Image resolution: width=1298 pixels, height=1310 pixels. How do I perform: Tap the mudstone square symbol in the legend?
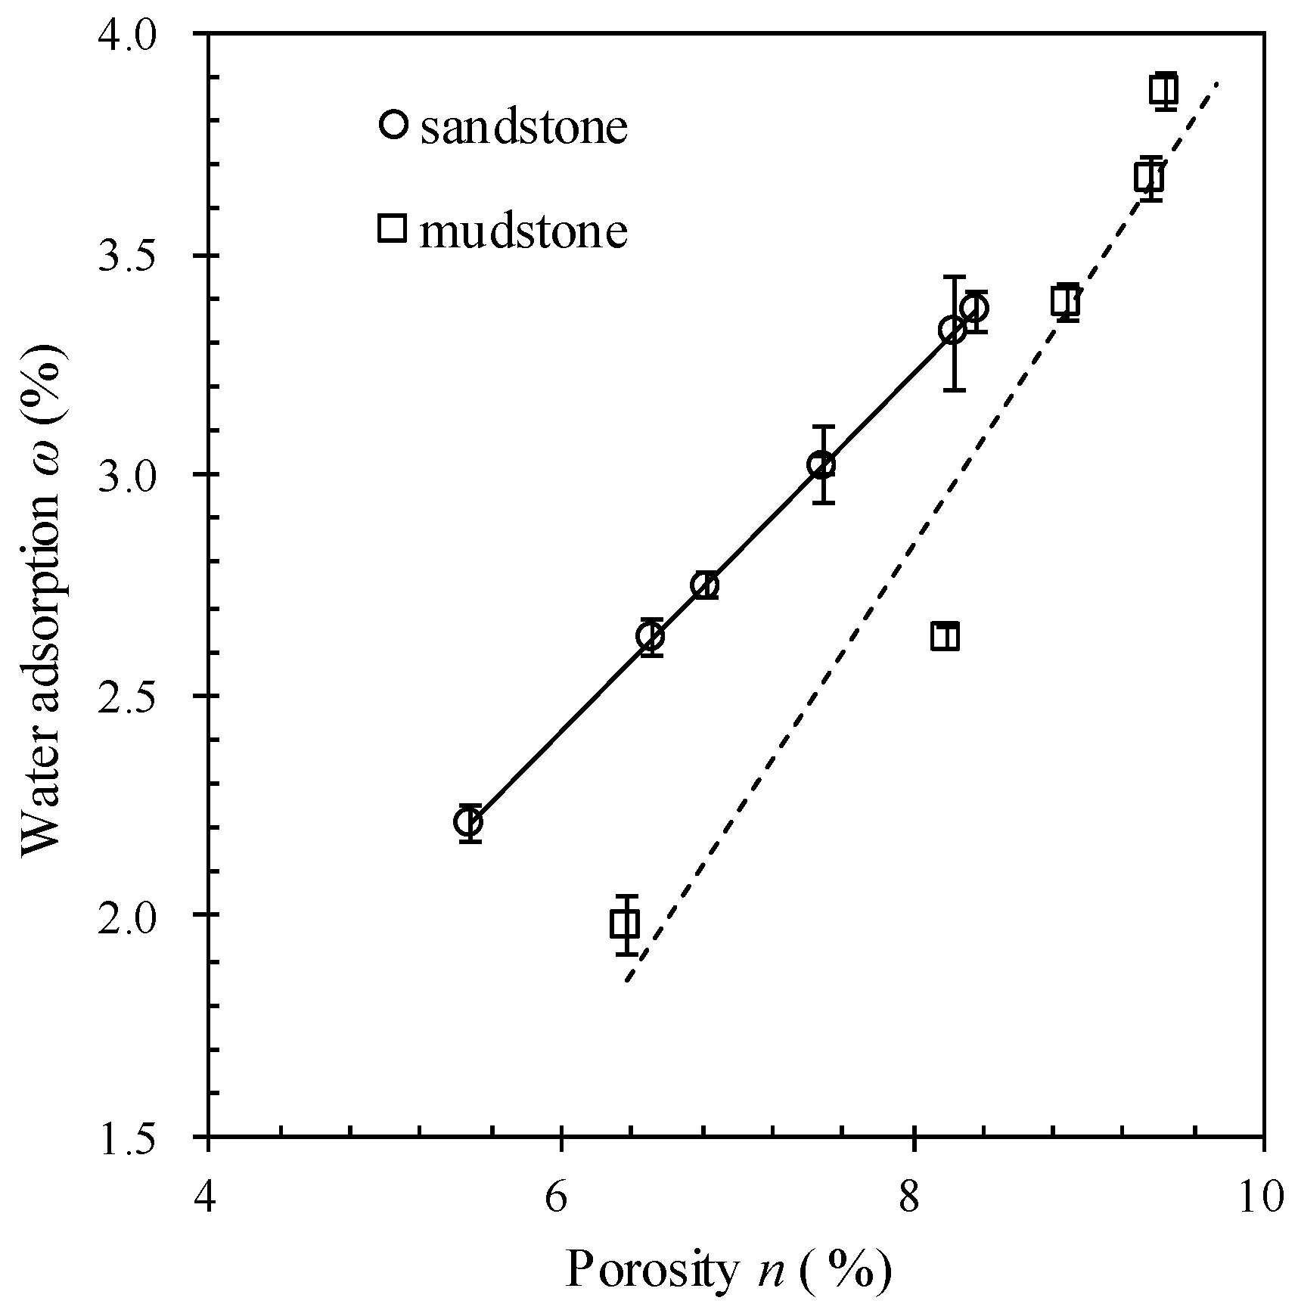click(x=393, y=228)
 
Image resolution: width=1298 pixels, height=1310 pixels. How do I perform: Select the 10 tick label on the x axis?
click(x=1261, y=1197)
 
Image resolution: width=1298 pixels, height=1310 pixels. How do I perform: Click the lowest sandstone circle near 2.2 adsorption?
click(x=469, y=821)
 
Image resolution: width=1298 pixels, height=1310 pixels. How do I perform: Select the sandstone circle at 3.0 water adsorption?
click(x=821, y=464)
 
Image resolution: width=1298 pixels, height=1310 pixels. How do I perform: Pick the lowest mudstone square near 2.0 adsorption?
click(x=625, y=924)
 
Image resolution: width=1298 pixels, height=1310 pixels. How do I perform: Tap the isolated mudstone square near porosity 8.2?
click(x=945, y=637)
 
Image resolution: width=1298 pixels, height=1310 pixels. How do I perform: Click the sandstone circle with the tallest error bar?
click(x=952, y=330)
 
